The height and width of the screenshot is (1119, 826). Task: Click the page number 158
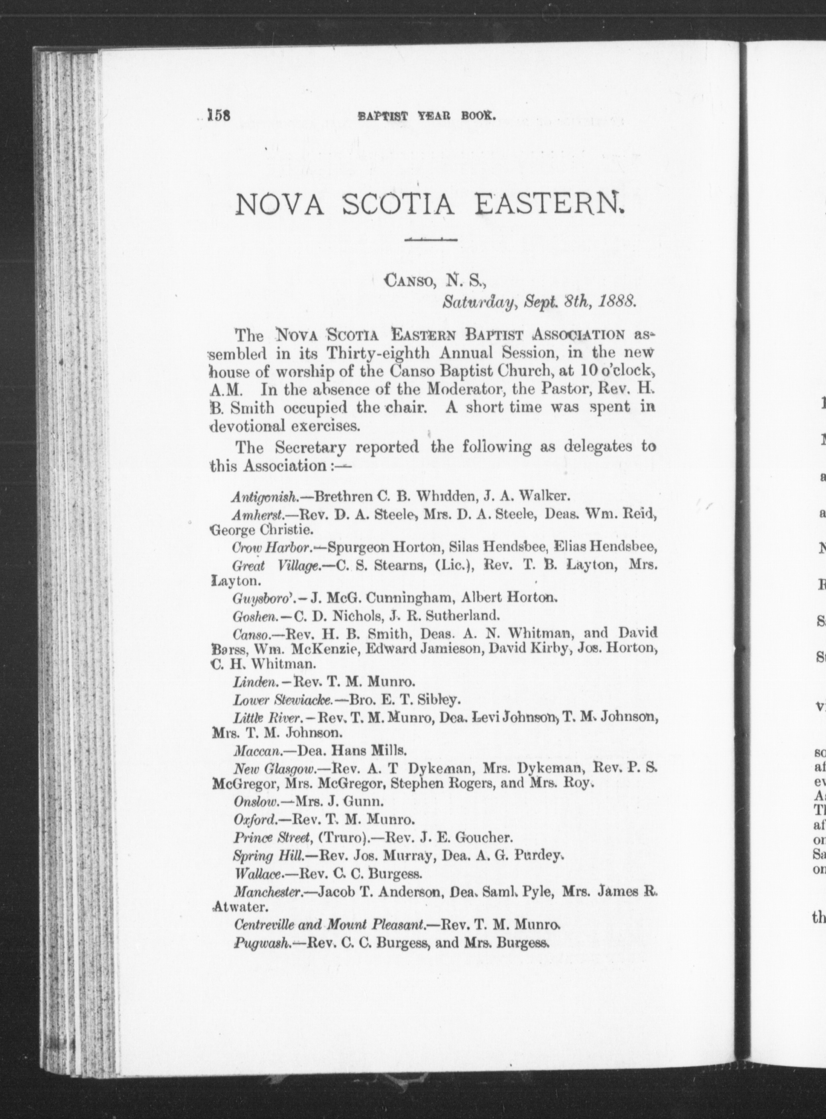coord(218,116)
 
